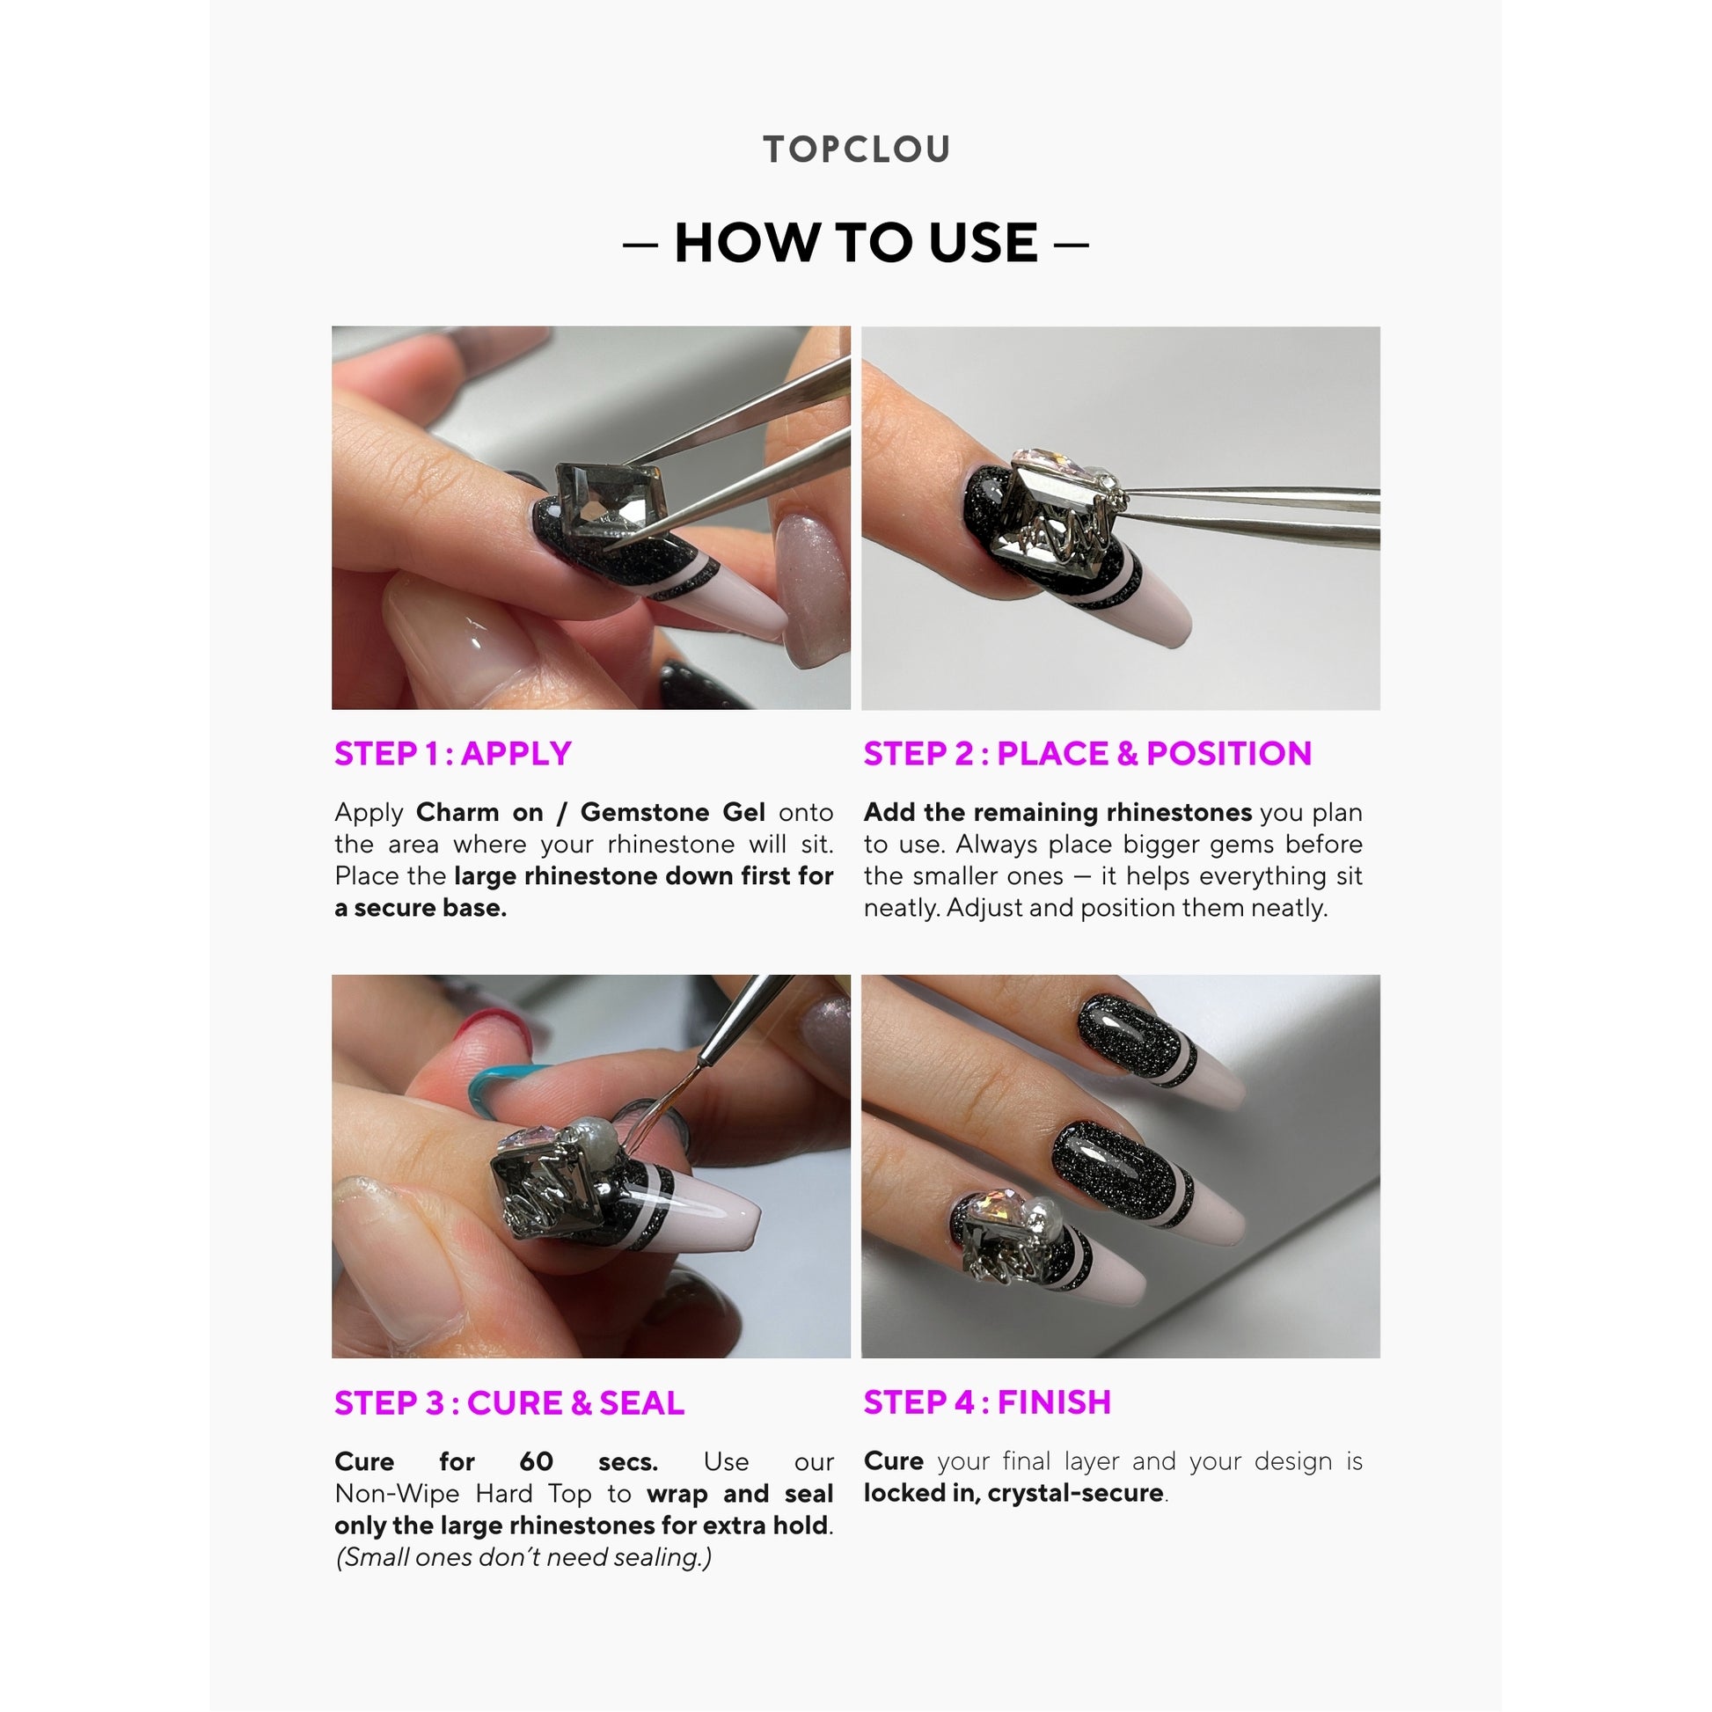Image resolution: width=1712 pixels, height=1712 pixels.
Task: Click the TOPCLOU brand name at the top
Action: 856,149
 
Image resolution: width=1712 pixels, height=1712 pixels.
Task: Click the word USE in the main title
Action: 983,243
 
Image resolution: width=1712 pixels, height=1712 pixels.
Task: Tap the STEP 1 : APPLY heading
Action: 453,753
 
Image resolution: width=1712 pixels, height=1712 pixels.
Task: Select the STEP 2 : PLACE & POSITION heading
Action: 1087,753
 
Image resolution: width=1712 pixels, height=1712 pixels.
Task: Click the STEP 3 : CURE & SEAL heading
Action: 508,1402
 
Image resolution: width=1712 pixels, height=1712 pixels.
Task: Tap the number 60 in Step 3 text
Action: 536,1461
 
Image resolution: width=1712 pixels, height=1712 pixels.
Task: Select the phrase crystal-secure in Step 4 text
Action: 1075,1493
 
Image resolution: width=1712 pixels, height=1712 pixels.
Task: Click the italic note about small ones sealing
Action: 523,1557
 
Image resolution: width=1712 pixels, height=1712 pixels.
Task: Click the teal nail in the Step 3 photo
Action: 496,1084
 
